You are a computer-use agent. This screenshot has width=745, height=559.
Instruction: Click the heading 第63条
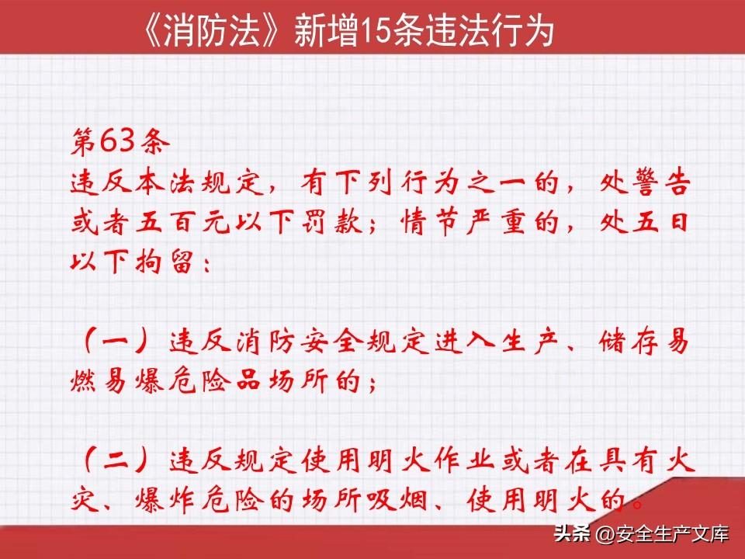click(x=120, y=141)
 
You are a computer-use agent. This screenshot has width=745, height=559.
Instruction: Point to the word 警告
click(x=658, y=182)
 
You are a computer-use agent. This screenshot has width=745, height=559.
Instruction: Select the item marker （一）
click(x=116, y=342)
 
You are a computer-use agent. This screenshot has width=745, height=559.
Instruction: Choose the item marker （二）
click(x=116, y=460)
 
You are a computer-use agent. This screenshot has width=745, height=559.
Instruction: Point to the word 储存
click(x=629, y=342)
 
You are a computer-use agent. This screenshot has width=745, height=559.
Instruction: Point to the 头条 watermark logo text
click(x=572, y=533)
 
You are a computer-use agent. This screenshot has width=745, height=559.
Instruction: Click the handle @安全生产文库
click(x=662, y=534)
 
